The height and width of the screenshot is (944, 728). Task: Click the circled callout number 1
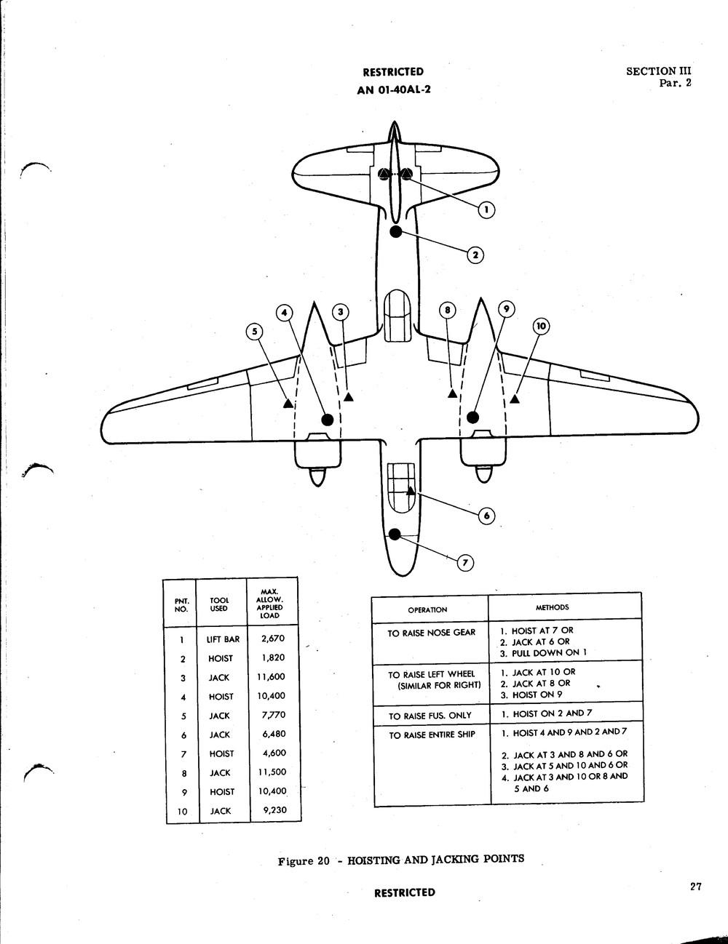click(x=486, y=210)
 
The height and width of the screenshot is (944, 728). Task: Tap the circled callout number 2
click(x=475, y=255)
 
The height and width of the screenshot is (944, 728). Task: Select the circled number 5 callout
click(x=254, y=332)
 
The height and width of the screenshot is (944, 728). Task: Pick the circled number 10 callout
click(x=541, y=327)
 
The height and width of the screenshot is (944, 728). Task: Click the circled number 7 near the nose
click(x=465, y=563)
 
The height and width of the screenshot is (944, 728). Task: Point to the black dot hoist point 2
click(x=396, y=231)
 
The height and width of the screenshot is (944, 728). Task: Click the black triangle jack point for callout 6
click(x=410, y=491)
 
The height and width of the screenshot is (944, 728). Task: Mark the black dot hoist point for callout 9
click(x=472, y=417)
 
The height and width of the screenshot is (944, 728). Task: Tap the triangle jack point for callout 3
click(x=348, y=396)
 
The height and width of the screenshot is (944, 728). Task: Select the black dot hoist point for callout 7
click(x=395, y=535)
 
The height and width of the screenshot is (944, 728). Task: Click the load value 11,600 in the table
click(x=271, y=677)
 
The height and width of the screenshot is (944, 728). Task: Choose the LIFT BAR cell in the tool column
click(x=223, y=639)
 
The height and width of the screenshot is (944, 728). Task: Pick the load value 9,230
click(x=275, y=809)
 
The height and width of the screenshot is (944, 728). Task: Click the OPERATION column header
click(x=427, y=610)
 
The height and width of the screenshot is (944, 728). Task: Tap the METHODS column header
click(x=552, y=607)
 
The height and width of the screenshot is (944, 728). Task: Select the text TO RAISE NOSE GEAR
click(x=432, y=633)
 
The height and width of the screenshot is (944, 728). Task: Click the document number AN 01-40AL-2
click(x=394, y=90)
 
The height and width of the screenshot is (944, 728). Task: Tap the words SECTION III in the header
click(x=658, y=71)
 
